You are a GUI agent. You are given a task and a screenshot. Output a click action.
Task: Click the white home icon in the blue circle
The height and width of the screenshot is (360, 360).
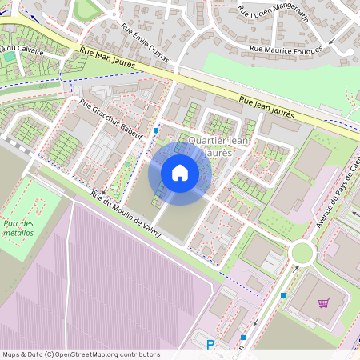[180, 173]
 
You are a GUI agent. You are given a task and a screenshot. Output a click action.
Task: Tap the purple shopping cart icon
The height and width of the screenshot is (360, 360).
[324, 303]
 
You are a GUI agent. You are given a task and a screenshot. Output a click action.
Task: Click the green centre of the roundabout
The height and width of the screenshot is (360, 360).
[302, 254]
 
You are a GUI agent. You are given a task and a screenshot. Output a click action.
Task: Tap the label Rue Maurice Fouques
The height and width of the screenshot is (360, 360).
[286, 49]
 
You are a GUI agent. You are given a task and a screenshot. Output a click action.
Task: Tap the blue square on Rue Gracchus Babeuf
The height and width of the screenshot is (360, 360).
[156, 130]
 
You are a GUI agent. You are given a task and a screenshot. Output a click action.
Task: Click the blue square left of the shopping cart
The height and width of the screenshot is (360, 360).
[283, 295]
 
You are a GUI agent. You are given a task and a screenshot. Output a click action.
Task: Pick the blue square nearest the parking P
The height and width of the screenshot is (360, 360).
[243, 338]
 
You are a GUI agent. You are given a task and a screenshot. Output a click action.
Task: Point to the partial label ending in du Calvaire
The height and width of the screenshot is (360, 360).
[21, 50]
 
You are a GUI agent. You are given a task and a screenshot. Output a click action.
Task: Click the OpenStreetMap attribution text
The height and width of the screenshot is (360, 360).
[81, 354]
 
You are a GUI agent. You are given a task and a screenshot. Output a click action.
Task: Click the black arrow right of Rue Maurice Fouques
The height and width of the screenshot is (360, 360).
[350, 51]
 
